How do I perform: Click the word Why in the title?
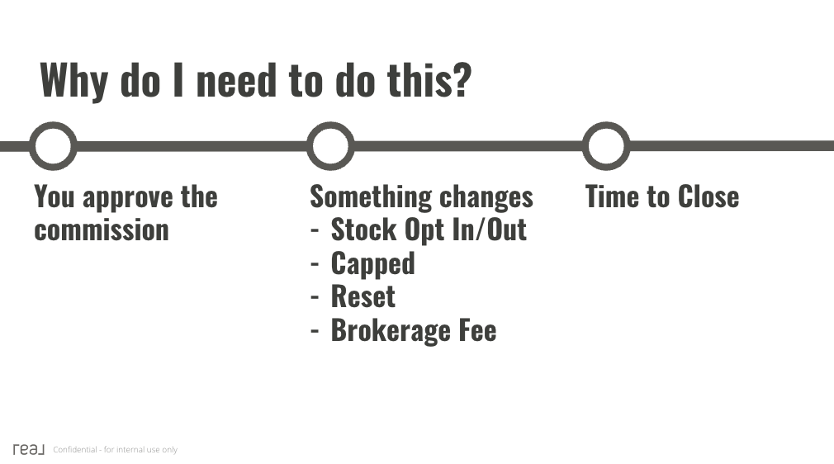[74, 80]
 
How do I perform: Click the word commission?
[102, 230]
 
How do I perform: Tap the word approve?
[128, 198]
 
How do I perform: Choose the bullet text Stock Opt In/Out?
[429, 230]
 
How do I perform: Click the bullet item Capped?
[373, 264]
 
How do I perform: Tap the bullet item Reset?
[363, 296]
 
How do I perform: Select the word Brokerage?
[391, 331]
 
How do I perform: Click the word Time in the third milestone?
[612, 196]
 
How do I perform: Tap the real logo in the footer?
[29, 449]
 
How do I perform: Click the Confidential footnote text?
[115, 450]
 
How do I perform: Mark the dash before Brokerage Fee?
[315, 331]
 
